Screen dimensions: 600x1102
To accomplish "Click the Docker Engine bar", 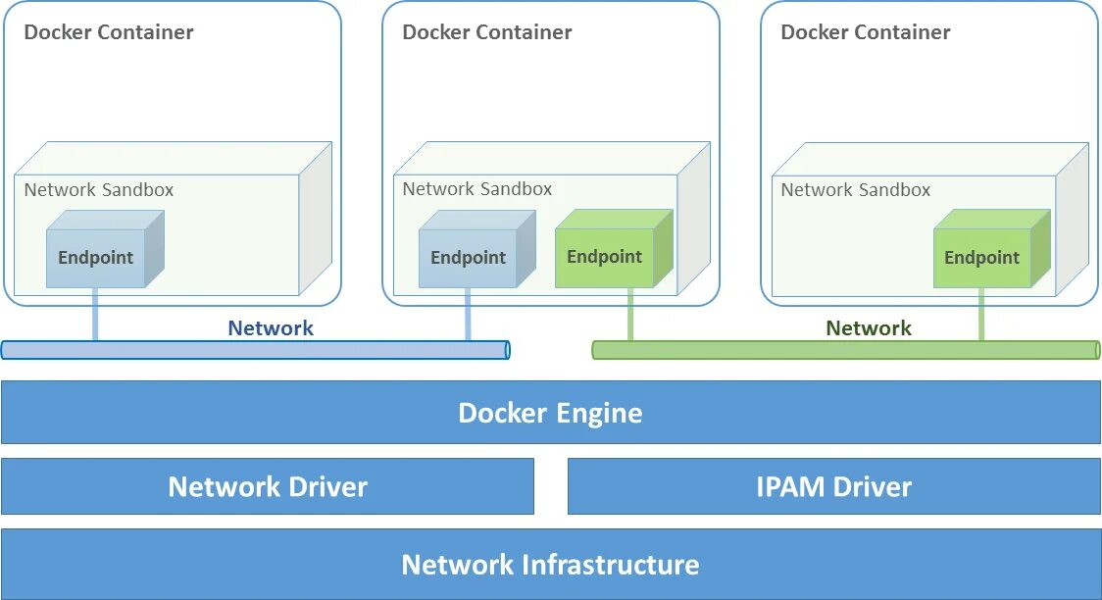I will pyautogui.click(x=550, y=413).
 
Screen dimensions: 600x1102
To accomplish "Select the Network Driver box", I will pyautogui.click(x=267, y=486).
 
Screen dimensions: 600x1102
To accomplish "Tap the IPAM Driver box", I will pyautogui.click(x=833, y=486).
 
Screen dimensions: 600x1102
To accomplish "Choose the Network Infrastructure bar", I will pyautogui.click(x=550, y=565).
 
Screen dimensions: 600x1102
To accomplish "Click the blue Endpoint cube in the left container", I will pyautogui.click(x=96, y=258).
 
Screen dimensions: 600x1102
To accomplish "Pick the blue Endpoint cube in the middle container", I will pyautogui.click(x=469, y=258).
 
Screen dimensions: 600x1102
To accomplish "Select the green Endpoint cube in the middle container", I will pyautogui.click(x=605, y=257).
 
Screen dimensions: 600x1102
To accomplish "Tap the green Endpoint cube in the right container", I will pyautogui.click(x=982, y=258).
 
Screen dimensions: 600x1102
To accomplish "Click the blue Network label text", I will pyautogui.click(x=271, y=328).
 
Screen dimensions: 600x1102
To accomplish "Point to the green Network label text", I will pyautogui.click(x=869, y=328).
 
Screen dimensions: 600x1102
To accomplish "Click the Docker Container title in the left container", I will pyautogui.click(x=109, y=32).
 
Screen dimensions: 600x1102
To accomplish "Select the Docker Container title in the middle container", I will pyautogui.click(x=487, y=32).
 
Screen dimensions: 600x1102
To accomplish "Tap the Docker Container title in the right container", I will pyautogui.click(x=866, y=32).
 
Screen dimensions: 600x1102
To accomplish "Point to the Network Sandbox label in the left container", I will pyautogui.click(x=99, y=190).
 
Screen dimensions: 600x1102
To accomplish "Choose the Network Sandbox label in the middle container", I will pyautogui.click(x=477, y=189).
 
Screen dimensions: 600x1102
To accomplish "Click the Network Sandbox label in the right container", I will pyautogui.click(x=856, y=190).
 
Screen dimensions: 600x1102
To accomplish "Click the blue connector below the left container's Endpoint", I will pyautogui.click(x=95, y=314).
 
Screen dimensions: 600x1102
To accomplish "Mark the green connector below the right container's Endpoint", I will pyautogui.click(x=981, y=314).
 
